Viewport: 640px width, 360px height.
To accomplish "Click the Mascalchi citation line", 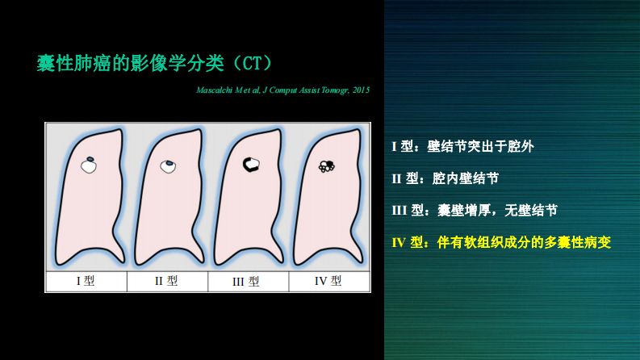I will click(282, 90).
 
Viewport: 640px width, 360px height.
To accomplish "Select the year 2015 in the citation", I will click(360, 90).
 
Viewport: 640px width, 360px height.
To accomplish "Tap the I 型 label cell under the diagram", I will click(85, 282).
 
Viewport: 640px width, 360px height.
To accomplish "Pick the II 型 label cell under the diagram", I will click(167, 282).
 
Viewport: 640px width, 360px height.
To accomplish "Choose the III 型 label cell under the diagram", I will click(248, 282).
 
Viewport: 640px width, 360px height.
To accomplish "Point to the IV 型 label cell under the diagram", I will click(328, 282).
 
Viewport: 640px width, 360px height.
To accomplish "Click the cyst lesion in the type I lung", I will click(89, 166).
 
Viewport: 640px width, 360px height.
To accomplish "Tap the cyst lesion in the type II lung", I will click(169, 166).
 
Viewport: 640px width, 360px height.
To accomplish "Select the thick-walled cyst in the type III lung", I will click(252, 165).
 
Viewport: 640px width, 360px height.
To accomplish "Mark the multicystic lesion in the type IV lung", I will click(328, 166).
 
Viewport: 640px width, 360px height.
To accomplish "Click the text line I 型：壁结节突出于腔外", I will click(462, 147).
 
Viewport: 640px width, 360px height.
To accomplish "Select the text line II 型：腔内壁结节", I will click(445, 178).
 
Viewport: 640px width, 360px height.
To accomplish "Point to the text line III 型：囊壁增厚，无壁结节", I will click(474, 210).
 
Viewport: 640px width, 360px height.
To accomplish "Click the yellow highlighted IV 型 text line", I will click(501, 241).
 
